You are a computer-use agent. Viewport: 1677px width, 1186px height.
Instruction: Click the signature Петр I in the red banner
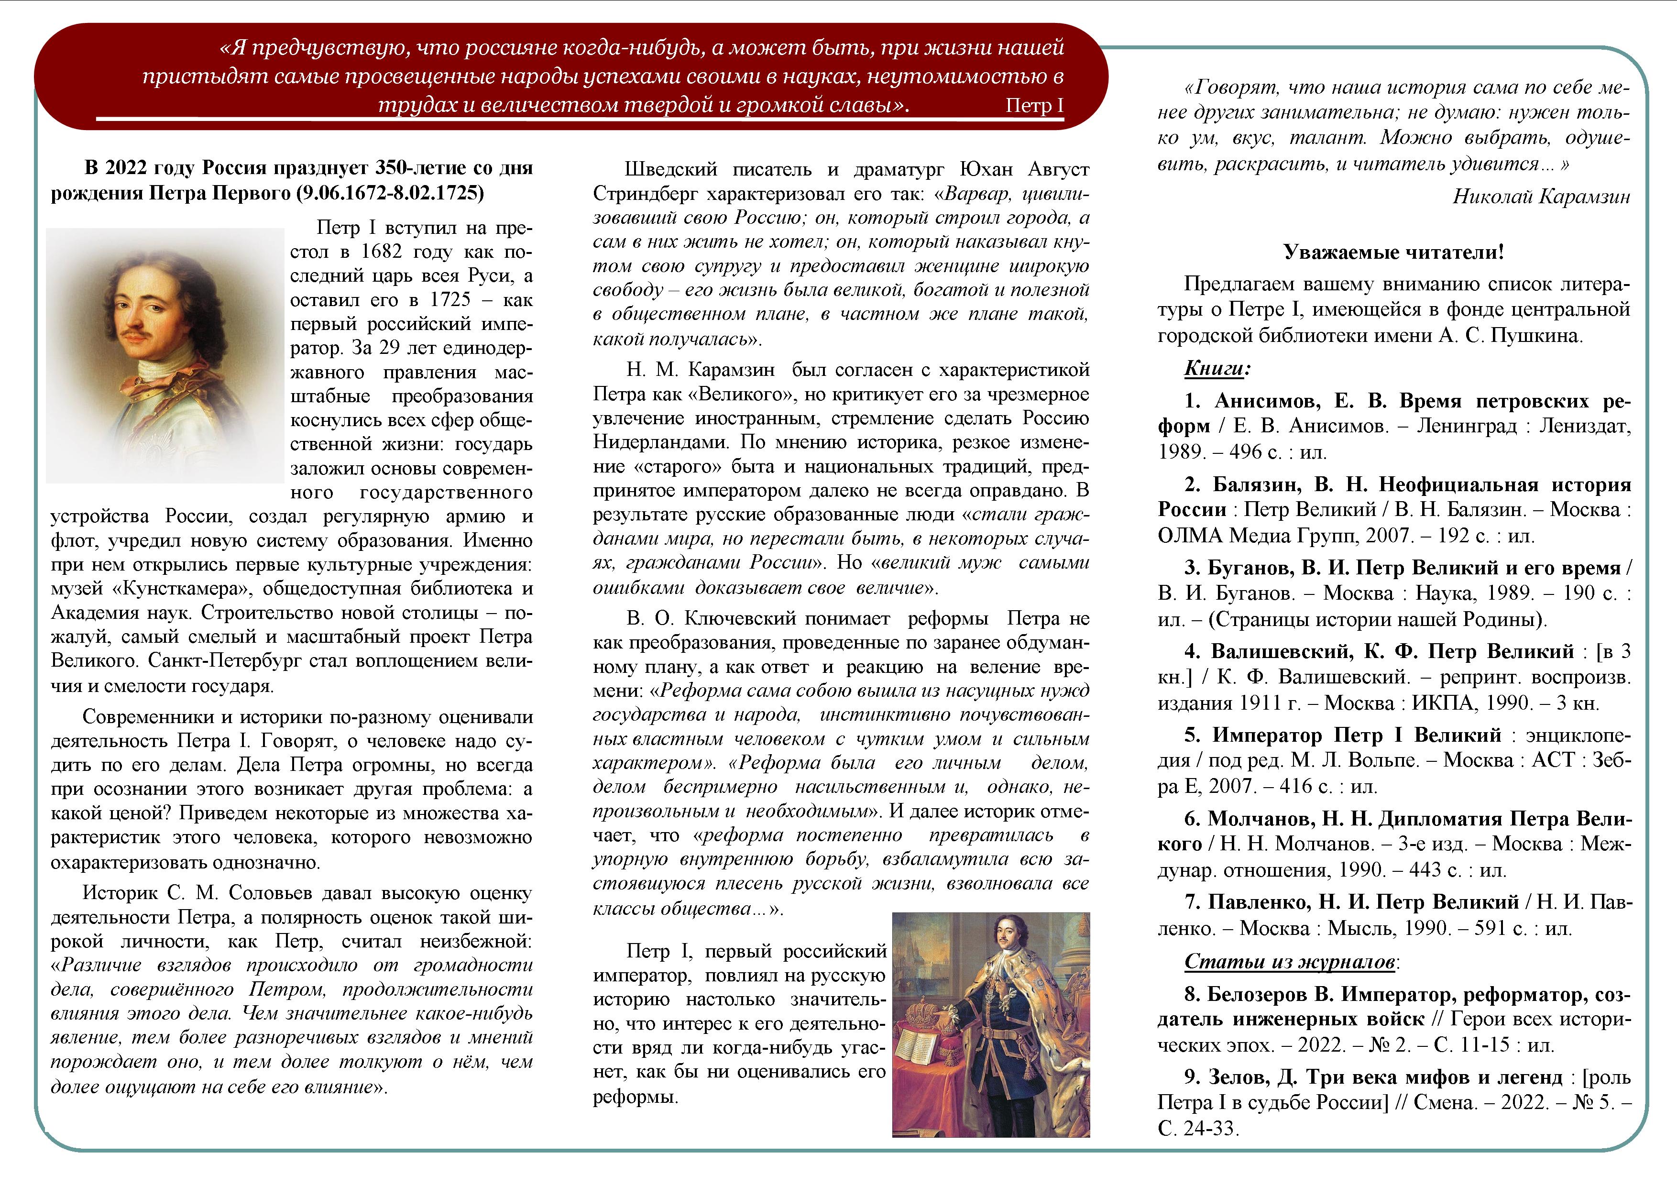click(1033, 106)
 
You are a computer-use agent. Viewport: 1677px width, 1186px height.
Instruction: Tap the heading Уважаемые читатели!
click(1393, 253)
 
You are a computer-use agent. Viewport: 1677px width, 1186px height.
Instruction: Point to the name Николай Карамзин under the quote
click(1541, 197)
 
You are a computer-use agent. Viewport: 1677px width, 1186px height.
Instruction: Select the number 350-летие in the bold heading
click(420, 168)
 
